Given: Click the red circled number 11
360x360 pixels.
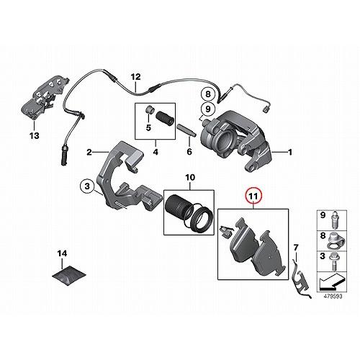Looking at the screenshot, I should coord(252,195).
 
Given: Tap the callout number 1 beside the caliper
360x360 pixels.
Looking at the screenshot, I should coord(291,152).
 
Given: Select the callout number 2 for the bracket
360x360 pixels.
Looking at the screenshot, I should coord(89,153).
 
